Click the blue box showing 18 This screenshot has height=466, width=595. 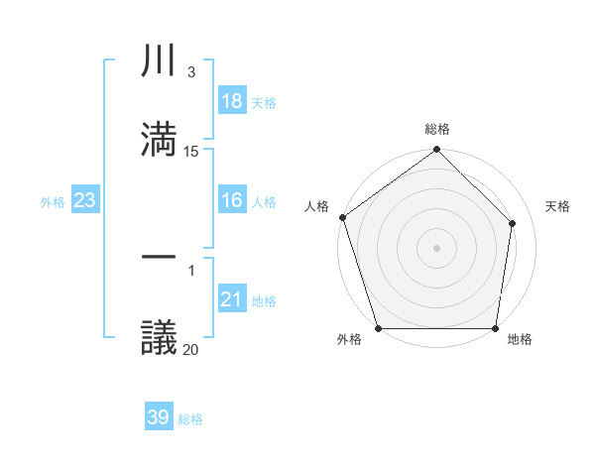(232, 101)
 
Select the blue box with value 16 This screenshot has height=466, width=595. (232, 200)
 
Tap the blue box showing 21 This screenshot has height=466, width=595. (232, 299)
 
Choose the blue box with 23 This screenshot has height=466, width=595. (85, 200)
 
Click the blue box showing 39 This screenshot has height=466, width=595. (159, 417)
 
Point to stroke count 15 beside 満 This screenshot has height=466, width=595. (191, 152)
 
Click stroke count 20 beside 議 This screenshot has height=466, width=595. (191, 349)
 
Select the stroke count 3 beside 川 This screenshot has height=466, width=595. (191, 72)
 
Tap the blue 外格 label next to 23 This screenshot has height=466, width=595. (53, 201)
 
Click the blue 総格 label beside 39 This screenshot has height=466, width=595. (190, 418)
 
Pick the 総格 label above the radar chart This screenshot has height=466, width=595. (437, 129)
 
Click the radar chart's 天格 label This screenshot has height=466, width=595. (558, 206)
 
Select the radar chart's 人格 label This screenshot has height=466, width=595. (316, 206)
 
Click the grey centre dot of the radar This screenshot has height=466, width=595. (436, 248)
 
